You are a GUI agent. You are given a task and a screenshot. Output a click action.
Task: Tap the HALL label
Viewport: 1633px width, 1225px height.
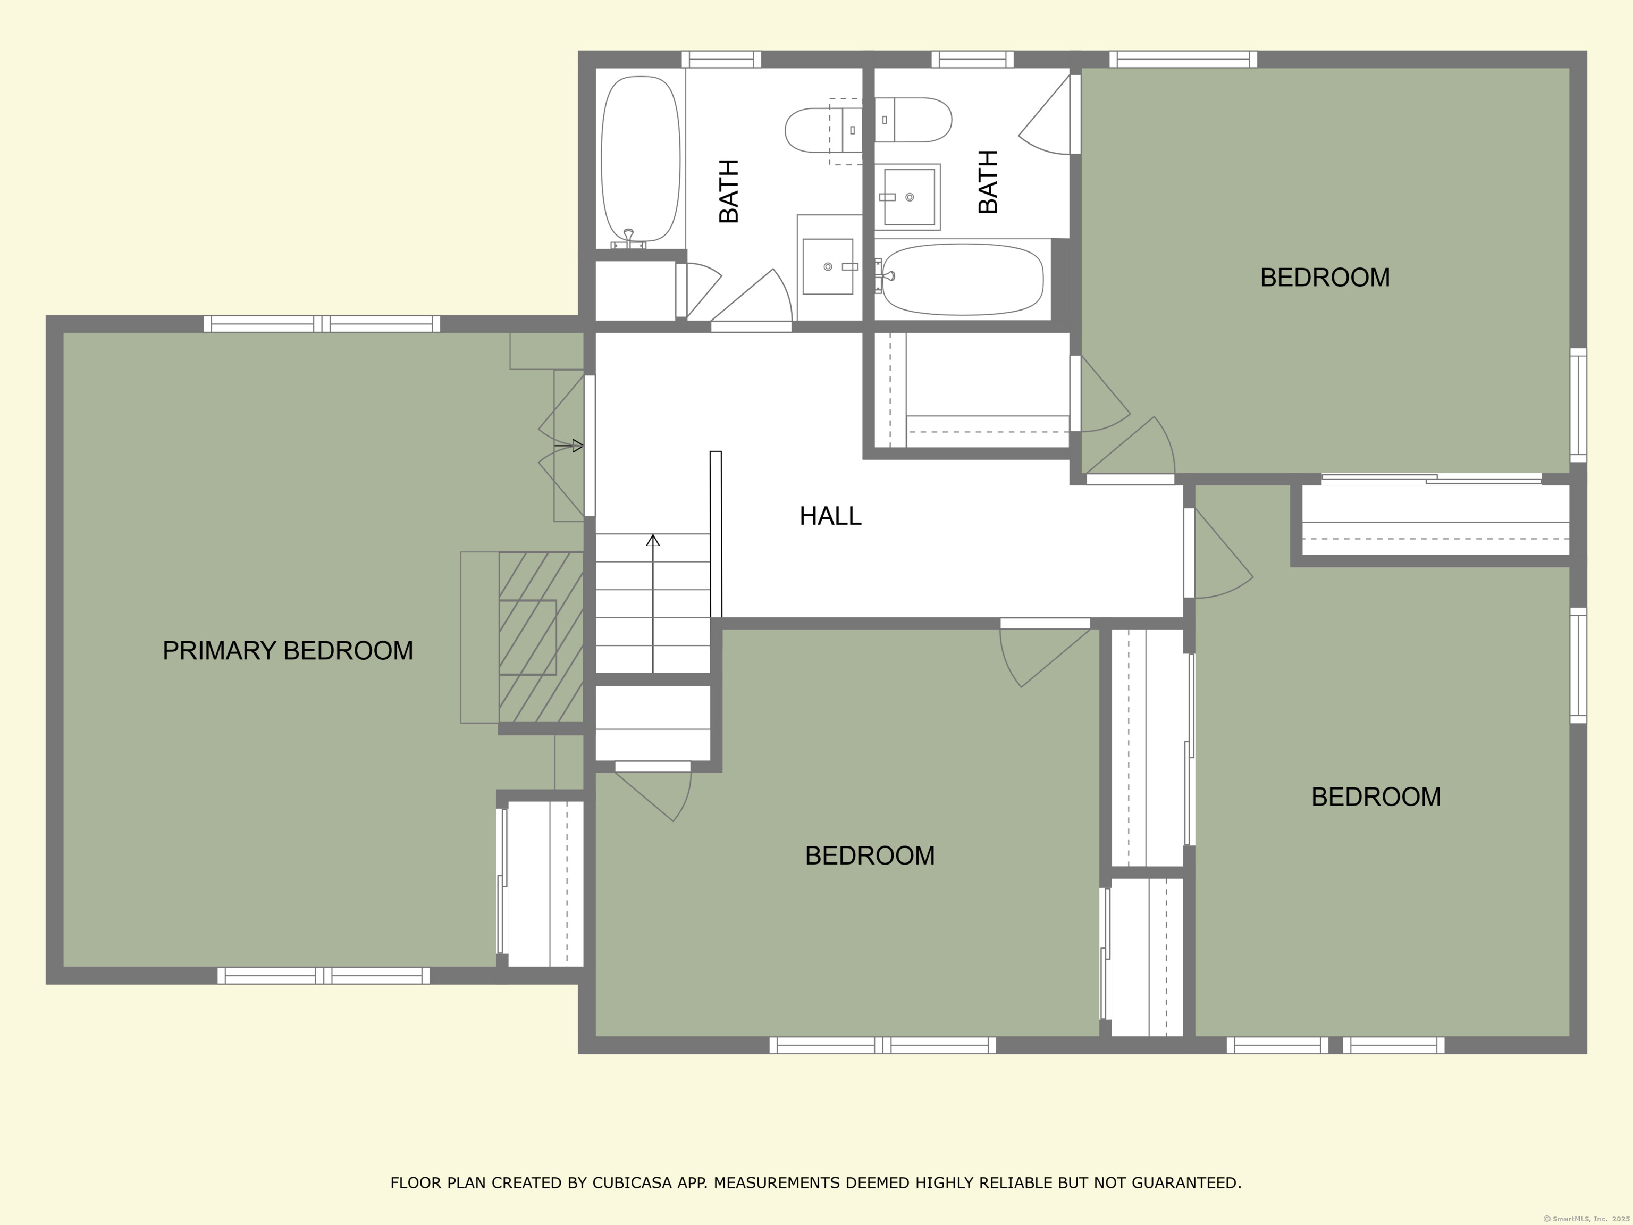click(830, 515)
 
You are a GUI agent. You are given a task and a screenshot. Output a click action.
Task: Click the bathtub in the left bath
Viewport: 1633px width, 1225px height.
click(640, 162)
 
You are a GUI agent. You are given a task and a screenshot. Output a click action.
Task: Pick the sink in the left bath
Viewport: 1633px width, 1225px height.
click(828, 266)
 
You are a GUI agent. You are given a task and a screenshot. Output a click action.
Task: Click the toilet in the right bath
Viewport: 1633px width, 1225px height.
click(913, 120)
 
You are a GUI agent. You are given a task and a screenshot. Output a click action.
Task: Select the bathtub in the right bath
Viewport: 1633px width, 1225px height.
click(961, 279)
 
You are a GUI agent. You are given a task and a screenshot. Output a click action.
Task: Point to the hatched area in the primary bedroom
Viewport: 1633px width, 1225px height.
click(541, 637)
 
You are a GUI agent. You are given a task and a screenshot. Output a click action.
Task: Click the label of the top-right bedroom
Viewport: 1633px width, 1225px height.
click(1325, 278)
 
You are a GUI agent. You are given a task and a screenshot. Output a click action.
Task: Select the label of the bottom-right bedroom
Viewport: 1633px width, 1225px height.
click(1376, 797)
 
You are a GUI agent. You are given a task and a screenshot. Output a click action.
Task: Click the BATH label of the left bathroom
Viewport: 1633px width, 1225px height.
click(729, 191)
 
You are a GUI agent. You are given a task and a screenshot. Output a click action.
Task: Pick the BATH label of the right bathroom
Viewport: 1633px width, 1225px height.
click(988, 182)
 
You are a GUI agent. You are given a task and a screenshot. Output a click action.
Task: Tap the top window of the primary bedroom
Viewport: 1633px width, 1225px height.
click(322, 323)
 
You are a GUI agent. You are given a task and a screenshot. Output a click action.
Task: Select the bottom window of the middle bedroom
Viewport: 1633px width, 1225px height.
click(883, 1045)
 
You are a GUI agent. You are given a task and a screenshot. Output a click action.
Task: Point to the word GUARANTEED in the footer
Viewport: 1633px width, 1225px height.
click(1186, 1183)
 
